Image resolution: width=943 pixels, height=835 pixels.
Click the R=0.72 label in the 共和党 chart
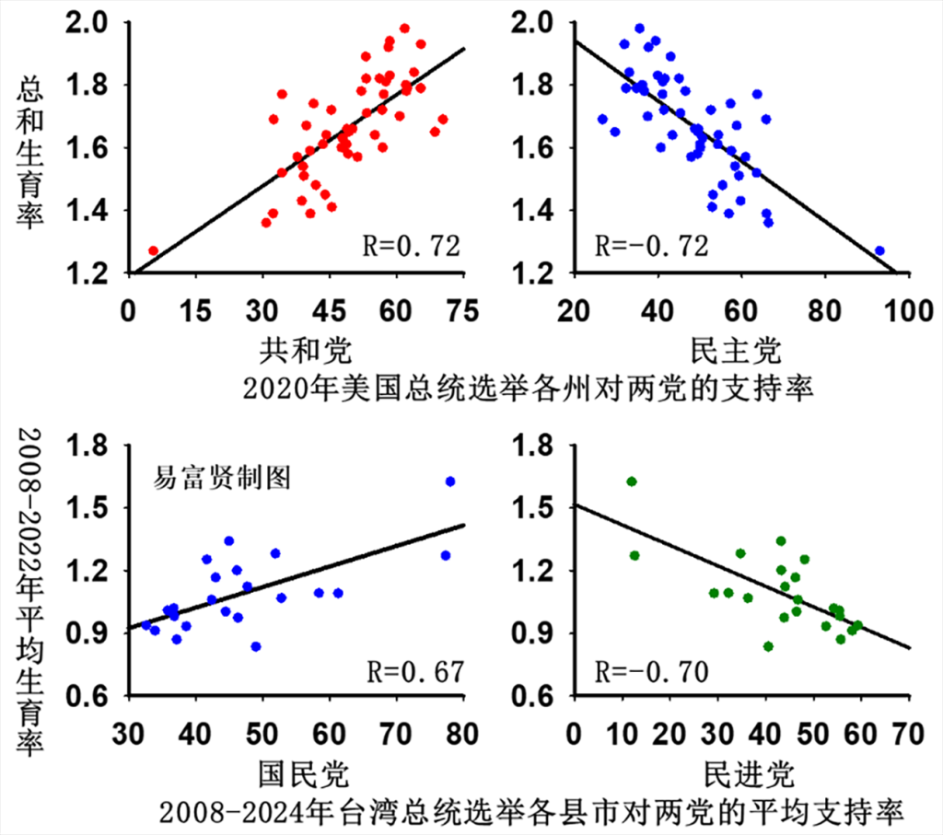(409, 246)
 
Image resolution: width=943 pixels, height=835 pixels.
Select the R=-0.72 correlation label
(652, 246)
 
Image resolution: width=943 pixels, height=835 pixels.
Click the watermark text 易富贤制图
(224, 476)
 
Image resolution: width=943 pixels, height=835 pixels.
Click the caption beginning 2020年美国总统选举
(529, 389)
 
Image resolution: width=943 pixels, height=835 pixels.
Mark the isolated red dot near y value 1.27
(153, 250)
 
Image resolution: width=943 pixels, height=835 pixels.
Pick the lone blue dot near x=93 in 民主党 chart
(879, 250)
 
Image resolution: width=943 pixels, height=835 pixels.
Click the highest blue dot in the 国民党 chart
(450, 481)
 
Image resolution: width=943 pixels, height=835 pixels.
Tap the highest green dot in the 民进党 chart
(632, 481)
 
